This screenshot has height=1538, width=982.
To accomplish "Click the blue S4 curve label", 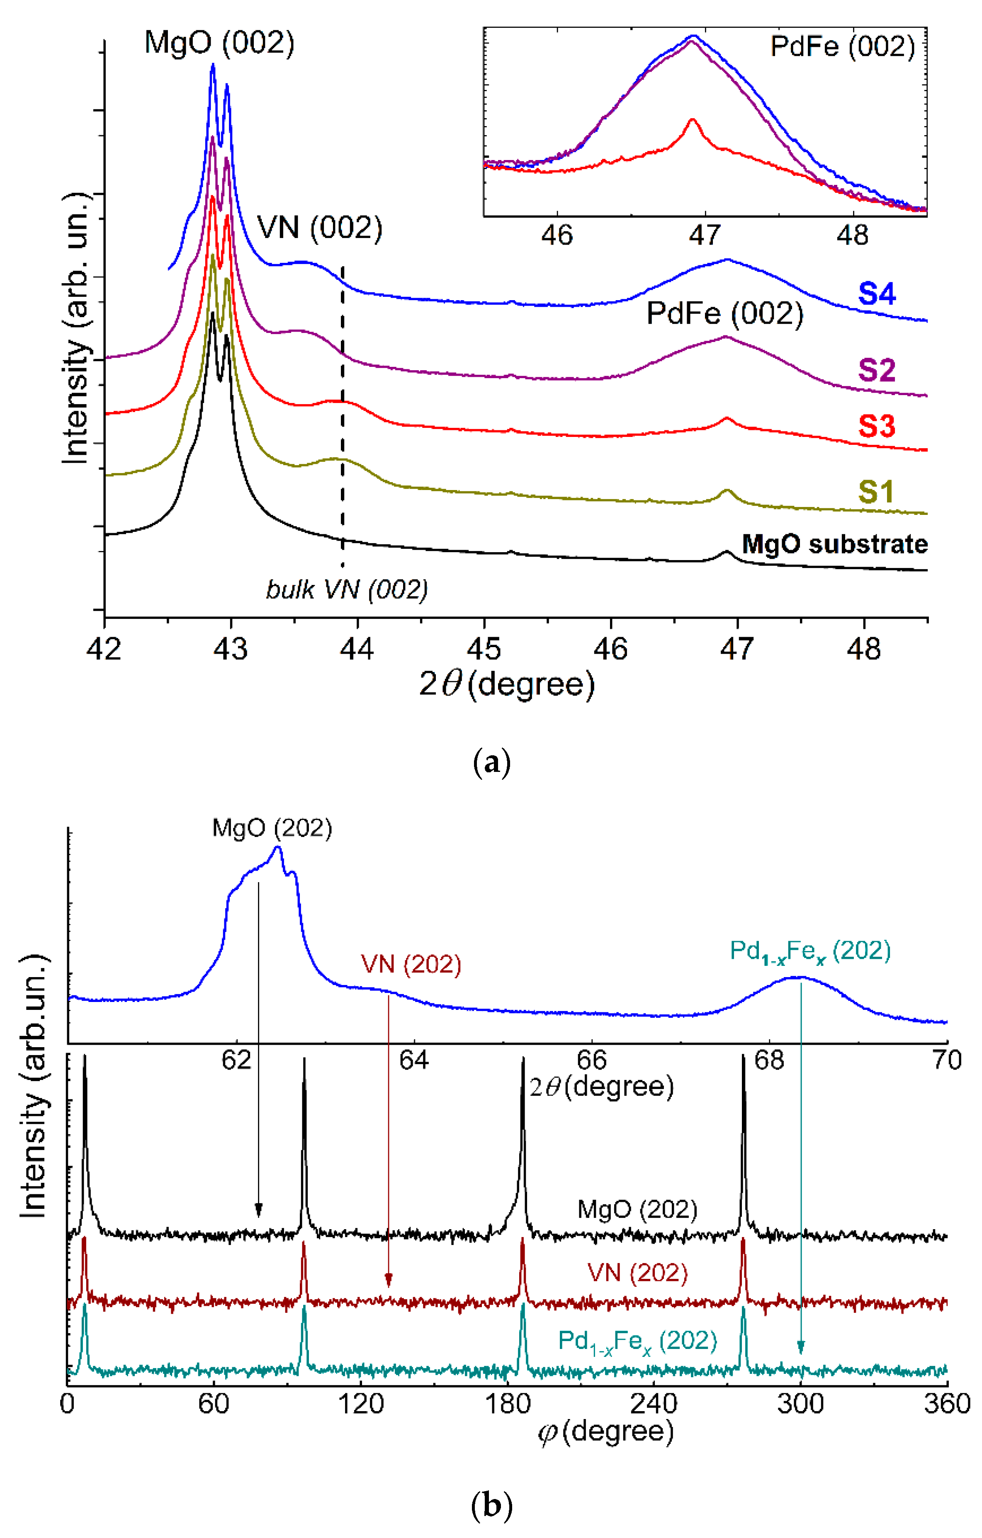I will [x=877, y=294].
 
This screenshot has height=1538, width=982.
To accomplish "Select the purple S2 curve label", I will [x=877, y=371].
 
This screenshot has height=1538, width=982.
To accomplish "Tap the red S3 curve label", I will [x=877, y=426].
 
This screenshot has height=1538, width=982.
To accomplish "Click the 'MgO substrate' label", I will [x=834, y=544].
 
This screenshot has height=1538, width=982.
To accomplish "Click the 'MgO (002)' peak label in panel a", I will [x=219, y=44].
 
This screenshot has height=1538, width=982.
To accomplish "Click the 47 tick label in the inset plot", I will [x=705, y=236].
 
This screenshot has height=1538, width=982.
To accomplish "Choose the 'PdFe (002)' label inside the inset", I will [x=842, y=46].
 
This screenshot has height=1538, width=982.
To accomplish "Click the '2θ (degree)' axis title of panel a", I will [x=507, y=684].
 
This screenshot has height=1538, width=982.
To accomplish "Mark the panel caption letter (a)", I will [x=491, y=763].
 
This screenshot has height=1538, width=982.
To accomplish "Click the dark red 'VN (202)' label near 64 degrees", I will [x=411, y=964].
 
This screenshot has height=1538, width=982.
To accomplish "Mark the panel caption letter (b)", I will [x=491, y=1507].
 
